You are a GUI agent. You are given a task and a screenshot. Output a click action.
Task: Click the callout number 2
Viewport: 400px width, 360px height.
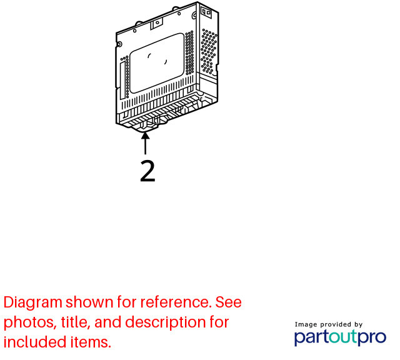pos(147,171)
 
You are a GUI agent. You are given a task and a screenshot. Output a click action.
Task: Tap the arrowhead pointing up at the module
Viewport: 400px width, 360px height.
pos(146,136)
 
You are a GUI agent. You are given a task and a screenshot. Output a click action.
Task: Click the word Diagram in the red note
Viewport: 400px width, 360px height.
pos(33,303)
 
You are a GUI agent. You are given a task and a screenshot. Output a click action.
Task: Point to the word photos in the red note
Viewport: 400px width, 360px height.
pos(29,322)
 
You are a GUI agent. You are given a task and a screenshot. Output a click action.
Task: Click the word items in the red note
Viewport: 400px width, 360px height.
pos(91,342)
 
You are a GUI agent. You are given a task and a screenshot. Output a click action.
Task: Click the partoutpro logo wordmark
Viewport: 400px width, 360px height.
pos(340,337)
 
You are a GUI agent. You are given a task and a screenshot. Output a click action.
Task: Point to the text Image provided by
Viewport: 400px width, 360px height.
pos(329,324)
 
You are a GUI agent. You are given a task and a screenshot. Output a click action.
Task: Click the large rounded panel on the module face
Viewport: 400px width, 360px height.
pos(157,63)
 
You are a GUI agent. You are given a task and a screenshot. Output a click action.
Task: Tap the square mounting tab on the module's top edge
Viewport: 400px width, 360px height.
pos(156,24)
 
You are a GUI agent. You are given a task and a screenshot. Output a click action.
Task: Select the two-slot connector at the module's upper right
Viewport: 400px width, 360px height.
pos(206,12)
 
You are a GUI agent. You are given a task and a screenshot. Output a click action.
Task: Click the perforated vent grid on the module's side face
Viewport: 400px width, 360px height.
pos(209,51)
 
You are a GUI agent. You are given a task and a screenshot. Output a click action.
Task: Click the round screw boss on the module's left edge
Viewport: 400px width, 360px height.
pos(119,44)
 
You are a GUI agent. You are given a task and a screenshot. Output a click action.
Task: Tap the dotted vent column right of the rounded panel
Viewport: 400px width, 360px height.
pos(189,53)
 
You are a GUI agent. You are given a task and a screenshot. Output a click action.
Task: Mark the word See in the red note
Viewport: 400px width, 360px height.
pos(228,302)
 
